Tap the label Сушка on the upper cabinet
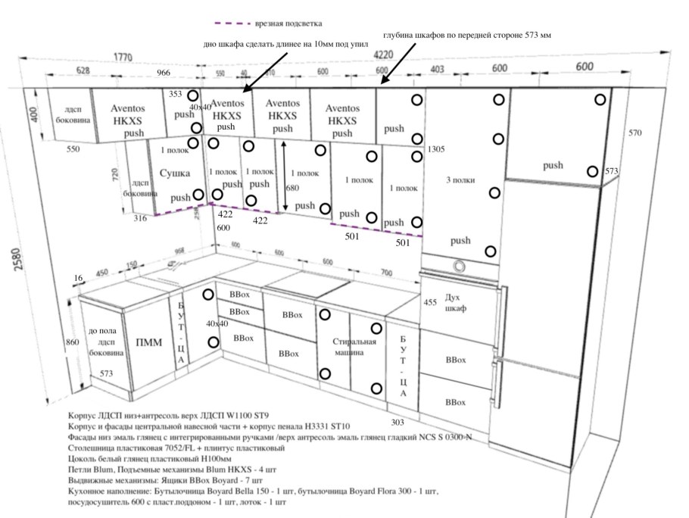(x=175, y=173)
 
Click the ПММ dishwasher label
(x=148, y=342)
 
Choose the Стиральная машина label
(x=354, y=347)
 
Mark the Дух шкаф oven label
(x=455, y=304)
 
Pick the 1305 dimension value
(x=435, y=150)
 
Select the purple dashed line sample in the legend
(x=232, y=23)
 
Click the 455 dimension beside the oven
(x=429, y=302)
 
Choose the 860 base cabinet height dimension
(x=72, y=342)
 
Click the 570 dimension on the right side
(x=634, y=133)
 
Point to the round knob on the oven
(x=458, y=265)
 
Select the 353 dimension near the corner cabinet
(x=176, y=95)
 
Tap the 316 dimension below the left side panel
(x=140, y=219)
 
